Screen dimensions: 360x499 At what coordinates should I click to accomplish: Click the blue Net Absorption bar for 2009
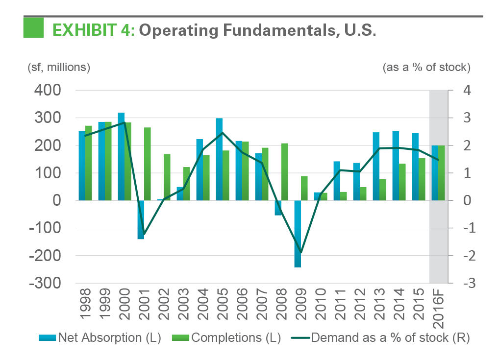tap(298, 234)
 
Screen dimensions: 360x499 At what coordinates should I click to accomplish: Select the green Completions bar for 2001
tap(147, 164)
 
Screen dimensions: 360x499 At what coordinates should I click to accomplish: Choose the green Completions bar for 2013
tap(382, 190)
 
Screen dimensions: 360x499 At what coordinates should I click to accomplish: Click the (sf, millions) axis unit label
tap(59, 67)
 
